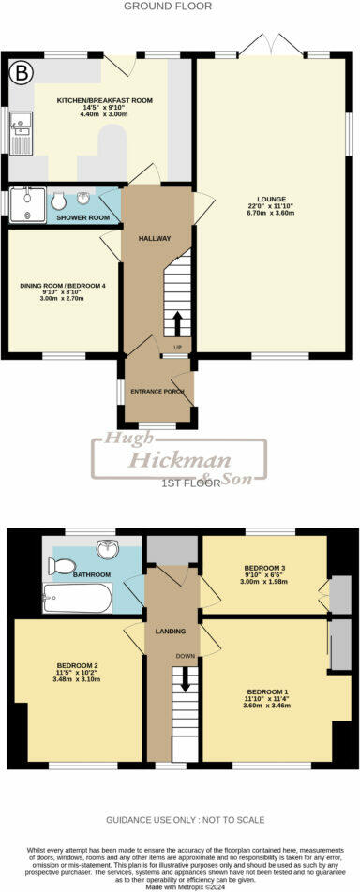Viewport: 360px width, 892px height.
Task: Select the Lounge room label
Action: point(266,199)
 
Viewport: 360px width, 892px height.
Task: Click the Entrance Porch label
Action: point(157,391)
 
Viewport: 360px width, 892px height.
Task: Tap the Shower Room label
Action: point(83,217)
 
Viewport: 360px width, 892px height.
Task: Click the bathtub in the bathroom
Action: point(78,596)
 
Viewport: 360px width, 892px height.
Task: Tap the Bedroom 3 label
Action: point(263,568)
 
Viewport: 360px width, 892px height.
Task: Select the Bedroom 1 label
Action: point(264,691)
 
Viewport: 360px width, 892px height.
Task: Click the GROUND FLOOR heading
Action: point(180,7)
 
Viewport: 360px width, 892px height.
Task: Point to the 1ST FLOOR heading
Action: point(185,483)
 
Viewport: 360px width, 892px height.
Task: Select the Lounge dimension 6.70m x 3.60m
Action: point(266,214)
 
